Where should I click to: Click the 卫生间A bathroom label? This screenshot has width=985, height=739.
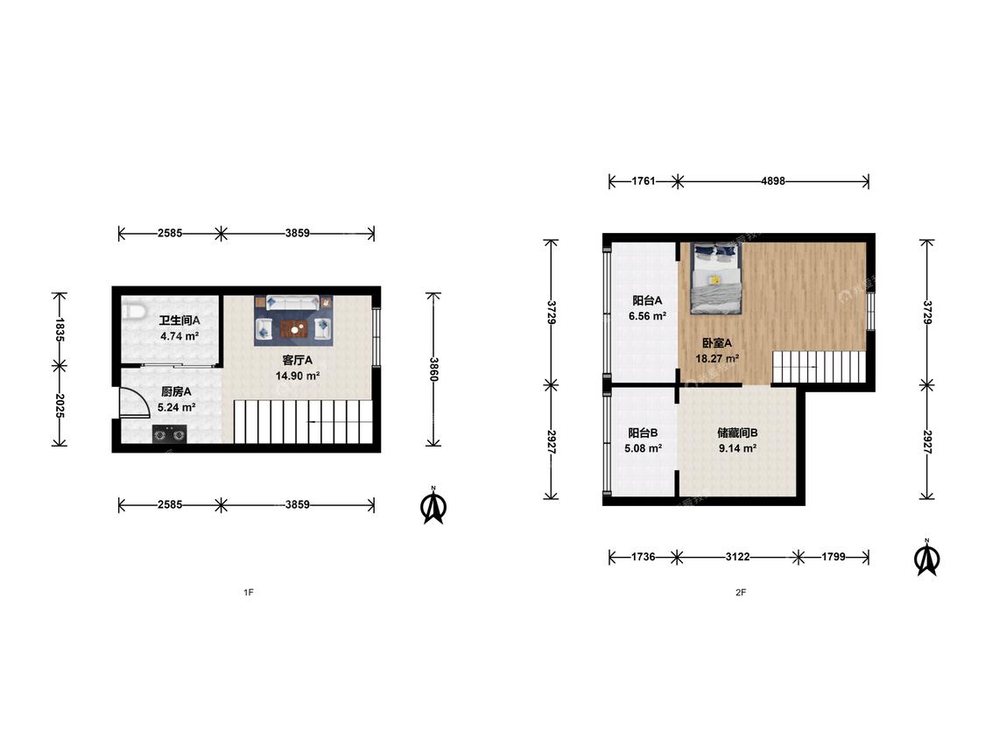coord(179,320)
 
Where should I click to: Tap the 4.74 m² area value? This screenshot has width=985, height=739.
coord(179,336)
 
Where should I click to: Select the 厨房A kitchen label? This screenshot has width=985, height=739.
coord(176,391)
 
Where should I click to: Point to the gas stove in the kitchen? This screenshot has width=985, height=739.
coord(170,434)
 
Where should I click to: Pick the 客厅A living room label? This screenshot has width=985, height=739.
coord(297,360)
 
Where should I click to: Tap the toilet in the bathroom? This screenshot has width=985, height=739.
coord(132,311)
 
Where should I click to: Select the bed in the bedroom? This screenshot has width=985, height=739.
coord(714,278)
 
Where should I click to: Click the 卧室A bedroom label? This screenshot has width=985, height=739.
coord(717,343)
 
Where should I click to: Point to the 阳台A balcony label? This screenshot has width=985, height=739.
coord(647,300)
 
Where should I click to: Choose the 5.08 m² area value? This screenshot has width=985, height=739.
coord(644,448)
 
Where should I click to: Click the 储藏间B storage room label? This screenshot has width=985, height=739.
coord(737,433)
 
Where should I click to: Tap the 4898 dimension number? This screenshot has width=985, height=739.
coord(772,181)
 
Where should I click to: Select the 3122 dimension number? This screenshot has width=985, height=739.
coord(737,557)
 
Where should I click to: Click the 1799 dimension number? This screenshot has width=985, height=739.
coord(834,557)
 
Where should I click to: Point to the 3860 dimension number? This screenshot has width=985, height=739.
coord(433,369)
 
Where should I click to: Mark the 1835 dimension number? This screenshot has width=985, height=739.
coord(60,329)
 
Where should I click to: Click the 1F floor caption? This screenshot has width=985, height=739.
coord(249,592)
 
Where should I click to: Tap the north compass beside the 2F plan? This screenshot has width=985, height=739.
coord(926,558)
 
